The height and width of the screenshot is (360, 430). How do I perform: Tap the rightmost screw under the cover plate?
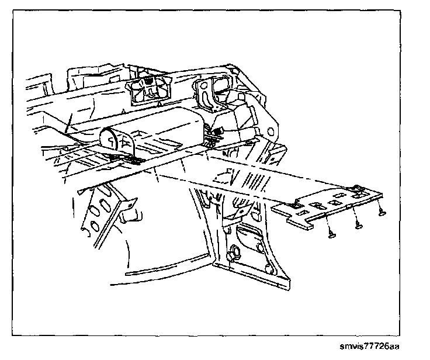tap(381, 213)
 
